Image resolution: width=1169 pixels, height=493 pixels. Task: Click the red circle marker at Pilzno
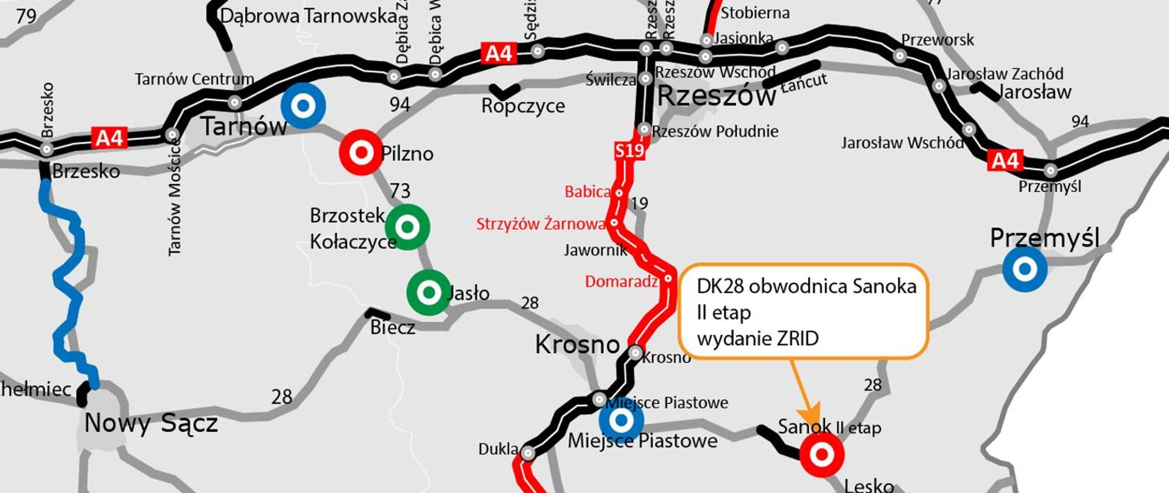click(x=361, y=152)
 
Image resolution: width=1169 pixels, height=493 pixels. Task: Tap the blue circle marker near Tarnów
click(x=303, y=106)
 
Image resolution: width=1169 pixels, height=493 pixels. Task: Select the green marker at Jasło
click(x=429, y=293)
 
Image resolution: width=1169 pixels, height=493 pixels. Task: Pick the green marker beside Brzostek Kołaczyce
click(x=407, y=227)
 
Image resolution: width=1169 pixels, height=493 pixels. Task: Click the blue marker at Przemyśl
click(x=1025, y=268)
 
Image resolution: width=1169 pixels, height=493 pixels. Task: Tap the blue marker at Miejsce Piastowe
click(x=621, y=420)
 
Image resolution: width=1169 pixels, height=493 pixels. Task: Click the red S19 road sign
click(x=629, y=150)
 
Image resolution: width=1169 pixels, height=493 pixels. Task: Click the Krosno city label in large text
click(x=577, y=344)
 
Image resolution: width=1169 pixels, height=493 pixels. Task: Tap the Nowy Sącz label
click(x=150, y=423)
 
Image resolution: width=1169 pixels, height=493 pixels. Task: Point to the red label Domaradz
click(x=621, y=282)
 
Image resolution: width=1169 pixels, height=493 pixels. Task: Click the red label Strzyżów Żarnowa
click(x=541, y=224)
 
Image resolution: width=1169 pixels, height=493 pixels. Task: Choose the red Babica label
click(x=587, y=192)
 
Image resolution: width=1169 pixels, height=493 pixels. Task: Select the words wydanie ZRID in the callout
click(x=757, y=338)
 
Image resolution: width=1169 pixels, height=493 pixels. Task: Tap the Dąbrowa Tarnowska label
click(x=308, y=16)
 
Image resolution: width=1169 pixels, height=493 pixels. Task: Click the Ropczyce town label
click(x=523, y=106)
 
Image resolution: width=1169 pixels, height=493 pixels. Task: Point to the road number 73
click(x=400, y=191)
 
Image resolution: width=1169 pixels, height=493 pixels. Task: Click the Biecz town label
click(x=393, y=327)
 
